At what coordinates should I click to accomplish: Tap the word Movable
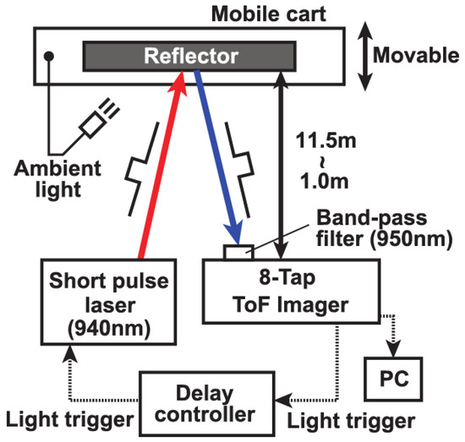416,58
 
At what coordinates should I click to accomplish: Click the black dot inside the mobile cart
49,56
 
